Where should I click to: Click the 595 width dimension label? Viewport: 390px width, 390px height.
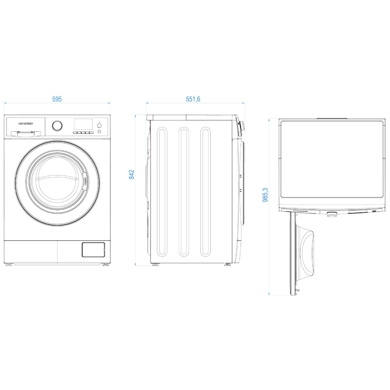coord(57,99)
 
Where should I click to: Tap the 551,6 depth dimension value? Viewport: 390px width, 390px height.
coord(193,99)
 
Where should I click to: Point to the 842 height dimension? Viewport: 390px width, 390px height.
coord(132,174)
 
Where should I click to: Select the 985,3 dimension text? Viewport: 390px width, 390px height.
coord(265,195)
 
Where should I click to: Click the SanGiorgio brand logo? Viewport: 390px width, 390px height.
coord(25,123)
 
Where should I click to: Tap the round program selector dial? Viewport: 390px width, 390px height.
coord(57,126)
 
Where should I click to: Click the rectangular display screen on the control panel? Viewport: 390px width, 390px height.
coord(83,124)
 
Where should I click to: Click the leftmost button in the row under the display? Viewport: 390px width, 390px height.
coord(75,133)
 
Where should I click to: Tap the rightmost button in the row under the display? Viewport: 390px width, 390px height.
coord(91,133)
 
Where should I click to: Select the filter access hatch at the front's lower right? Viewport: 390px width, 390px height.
coord(93,250)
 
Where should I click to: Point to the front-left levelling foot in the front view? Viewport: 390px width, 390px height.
coord(8,265)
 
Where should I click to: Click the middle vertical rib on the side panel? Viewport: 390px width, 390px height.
coord(184,192)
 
